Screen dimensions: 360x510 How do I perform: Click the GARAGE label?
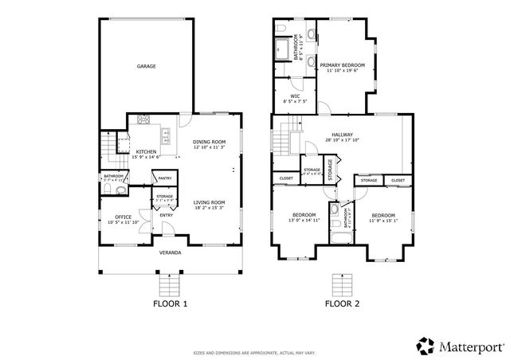point(145,66)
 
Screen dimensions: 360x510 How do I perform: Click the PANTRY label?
point(165,178)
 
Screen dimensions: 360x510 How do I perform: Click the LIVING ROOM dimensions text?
point(210,208)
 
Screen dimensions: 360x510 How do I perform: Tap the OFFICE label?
point(123,216)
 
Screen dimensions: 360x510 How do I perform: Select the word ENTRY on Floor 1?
point(166,215)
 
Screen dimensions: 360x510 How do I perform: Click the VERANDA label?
point(169,252)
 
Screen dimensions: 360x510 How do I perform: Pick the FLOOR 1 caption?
point(169,303)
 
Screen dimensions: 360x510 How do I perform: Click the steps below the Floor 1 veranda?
point(169,284)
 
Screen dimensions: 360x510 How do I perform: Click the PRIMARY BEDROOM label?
point(342,65)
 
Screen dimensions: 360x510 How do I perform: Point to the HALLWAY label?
point(342,135)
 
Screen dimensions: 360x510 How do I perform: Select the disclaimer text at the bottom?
point(254,352)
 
